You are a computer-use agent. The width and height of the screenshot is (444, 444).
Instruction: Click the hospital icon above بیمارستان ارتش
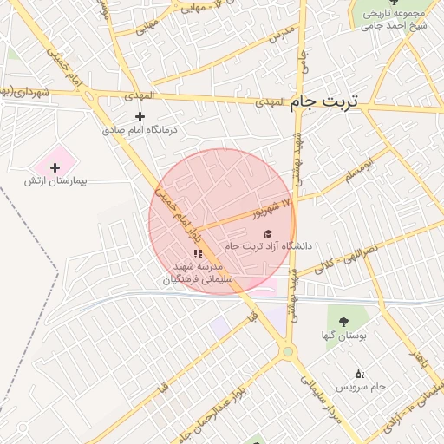(55, 166)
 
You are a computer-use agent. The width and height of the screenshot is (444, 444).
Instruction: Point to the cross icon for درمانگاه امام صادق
(140, 116)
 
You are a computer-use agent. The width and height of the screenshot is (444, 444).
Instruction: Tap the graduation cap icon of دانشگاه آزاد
(268, 233)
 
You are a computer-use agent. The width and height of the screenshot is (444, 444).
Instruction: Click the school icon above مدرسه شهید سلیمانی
(198, 253)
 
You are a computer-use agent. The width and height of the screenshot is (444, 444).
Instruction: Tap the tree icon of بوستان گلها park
(344, 322)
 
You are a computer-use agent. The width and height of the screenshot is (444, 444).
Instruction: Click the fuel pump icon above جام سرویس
(360, 374)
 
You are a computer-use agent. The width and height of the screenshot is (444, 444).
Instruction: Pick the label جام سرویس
(361, 386)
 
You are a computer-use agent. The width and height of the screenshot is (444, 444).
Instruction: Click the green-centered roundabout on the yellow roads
(287, 351)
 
